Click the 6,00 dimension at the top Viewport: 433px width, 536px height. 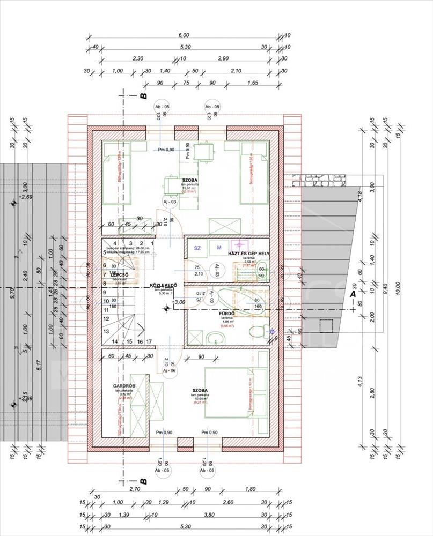(184, 35)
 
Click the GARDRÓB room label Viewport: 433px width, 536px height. (124, 386)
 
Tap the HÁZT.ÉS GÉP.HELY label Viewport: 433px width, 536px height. (248, 253)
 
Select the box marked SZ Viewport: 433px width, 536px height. (197, 248)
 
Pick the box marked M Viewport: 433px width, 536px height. (219, 248)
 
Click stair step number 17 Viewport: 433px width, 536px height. (149, 341)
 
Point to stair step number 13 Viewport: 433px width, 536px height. (106, 332)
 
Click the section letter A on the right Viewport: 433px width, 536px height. (353, 294)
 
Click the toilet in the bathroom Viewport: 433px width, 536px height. (260, 331)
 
